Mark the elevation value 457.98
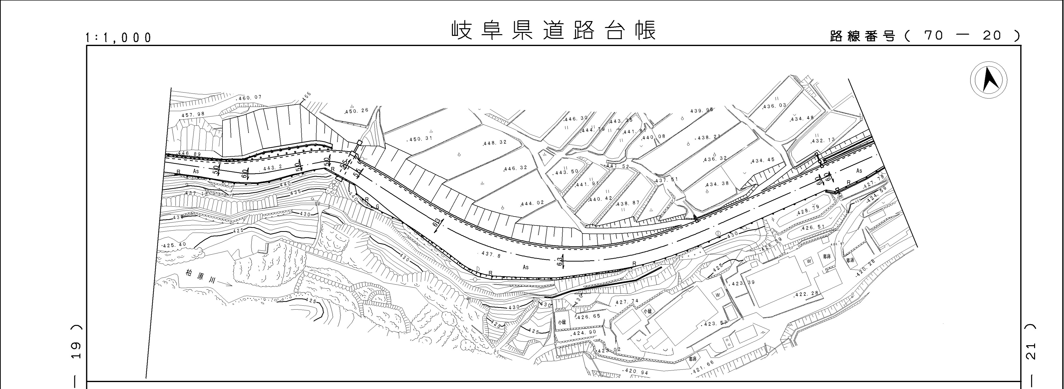[193, 114]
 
